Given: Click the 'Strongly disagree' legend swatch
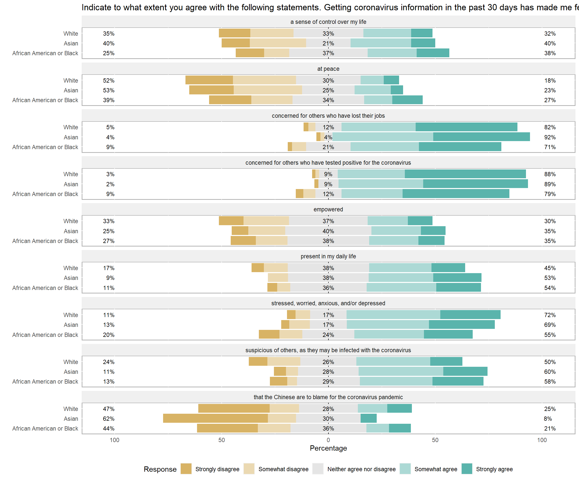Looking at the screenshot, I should click(x=186, y=469).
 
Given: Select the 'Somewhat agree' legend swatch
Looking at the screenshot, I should click(x=405, y=469).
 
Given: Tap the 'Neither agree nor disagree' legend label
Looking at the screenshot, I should click(x=361, y=469).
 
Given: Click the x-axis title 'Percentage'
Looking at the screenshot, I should click(x=328, y=448).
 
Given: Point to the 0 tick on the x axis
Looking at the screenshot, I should click(x=328, y=440).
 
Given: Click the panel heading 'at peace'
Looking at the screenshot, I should click(x=328, y=69).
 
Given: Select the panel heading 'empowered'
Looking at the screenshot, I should click(x=328, y=209).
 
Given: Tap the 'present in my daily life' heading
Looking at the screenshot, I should click(x=328, y=256).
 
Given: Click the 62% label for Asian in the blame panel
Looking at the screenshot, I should click(x=109, y=419).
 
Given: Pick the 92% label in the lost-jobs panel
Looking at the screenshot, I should click(x=550, y=137).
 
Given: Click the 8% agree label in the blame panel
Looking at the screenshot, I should click(x=548, y=419).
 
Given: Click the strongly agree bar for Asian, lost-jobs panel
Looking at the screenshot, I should click(x=481, y=137).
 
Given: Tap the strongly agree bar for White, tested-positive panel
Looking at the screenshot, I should click(x=465, y=174).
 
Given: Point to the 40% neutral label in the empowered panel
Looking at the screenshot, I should click(x=328, y=231).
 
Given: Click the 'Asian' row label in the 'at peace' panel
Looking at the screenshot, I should click(x=71, y=90).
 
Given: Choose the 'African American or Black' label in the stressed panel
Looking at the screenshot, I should click(x=45, y=335).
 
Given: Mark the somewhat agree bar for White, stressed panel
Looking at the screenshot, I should click(x=393, y=315).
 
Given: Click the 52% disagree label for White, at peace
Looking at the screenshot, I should click(x=109, y=80).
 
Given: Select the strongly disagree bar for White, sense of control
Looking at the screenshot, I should click(x=235, y=33).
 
